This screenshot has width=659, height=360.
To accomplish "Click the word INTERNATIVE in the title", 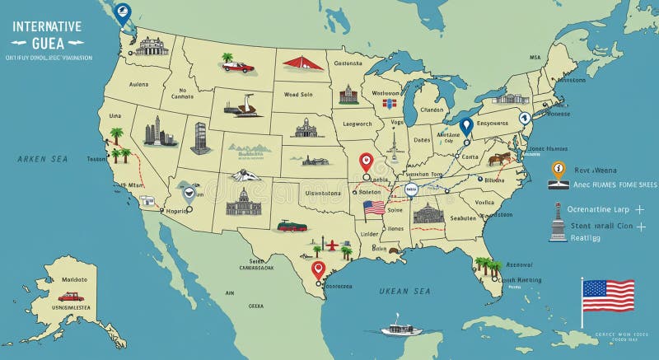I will pos(47,26).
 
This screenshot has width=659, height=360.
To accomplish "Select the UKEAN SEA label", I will pos(404,291).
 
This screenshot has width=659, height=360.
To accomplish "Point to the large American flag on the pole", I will pos(608,295).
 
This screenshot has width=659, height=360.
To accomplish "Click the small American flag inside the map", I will pos(374,208).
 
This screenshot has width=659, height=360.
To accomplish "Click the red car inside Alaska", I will pos(71,297).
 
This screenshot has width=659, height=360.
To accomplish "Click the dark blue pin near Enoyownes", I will pos(465,126).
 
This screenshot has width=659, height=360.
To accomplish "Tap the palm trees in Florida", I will pos(488,265).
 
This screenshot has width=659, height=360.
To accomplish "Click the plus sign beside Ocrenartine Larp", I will pos(639,210).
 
